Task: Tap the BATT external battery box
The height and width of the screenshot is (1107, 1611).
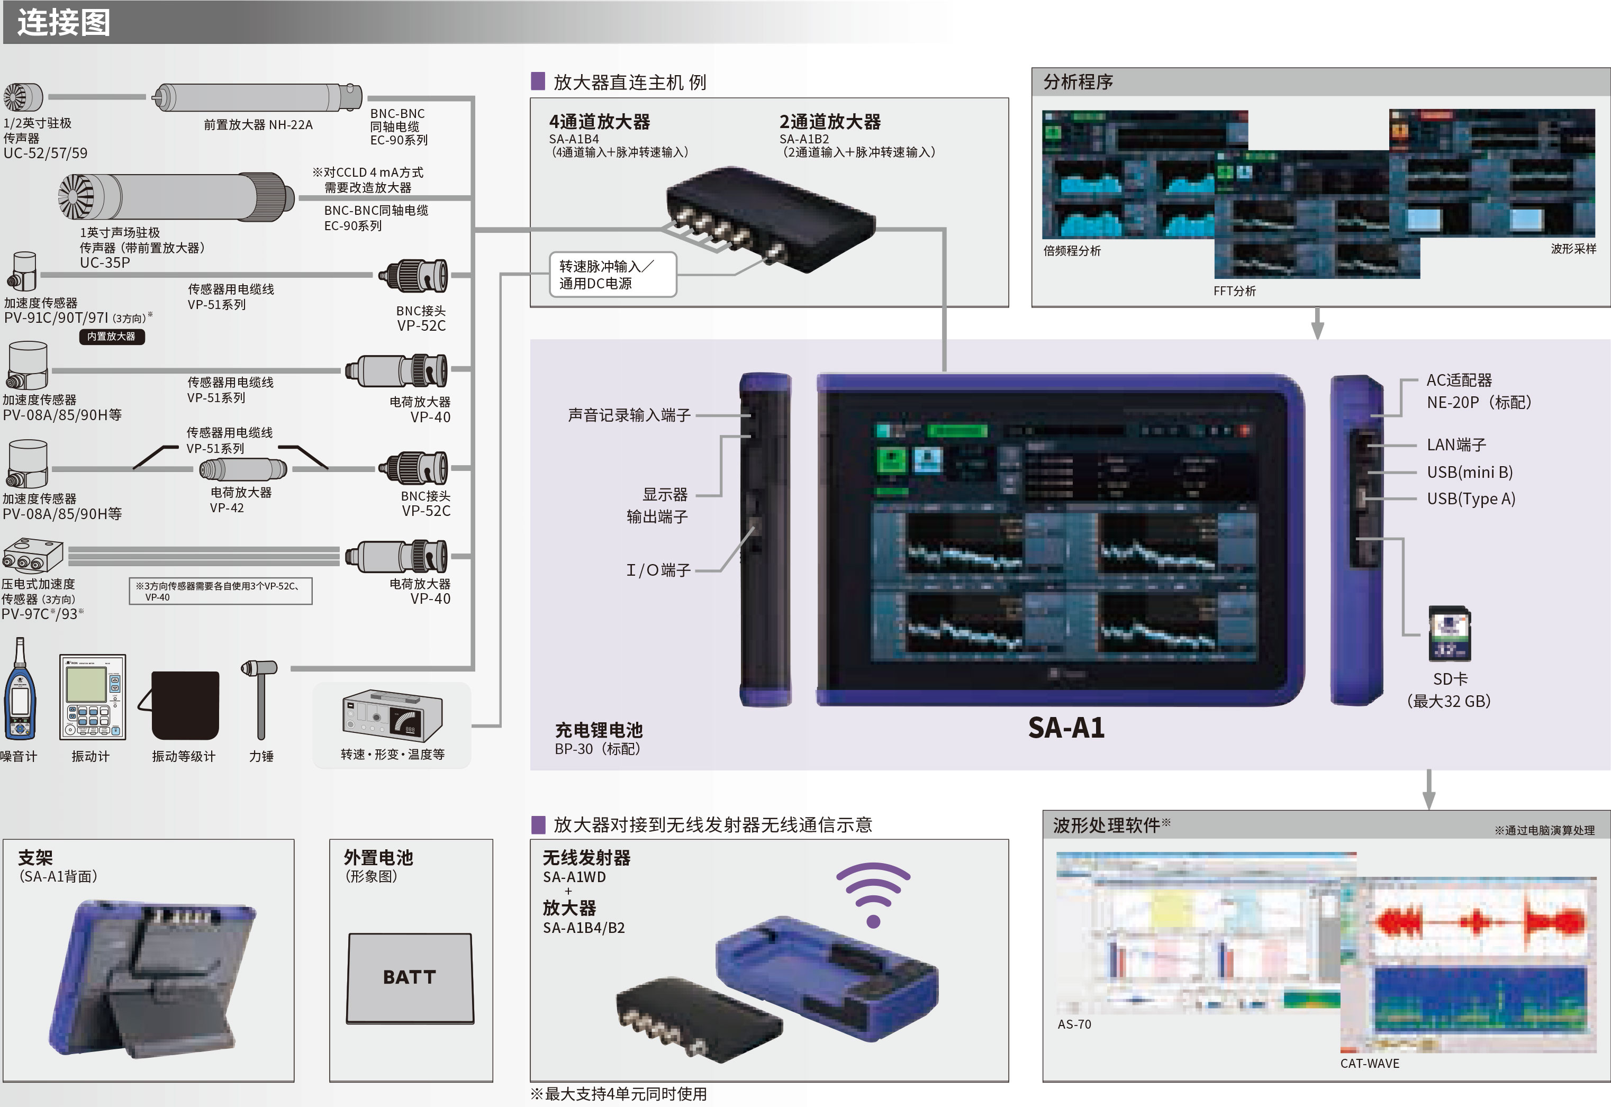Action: click(x=410, y=977)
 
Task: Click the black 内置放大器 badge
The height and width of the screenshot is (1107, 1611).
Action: click(x=111, y=337)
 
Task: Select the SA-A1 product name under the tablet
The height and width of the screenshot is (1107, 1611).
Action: click(x=1066, y=728)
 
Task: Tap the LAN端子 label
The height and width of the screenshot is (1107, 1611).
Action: click(x=1455, y=444)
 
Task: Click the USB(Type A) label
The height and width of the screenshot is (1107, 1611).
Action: click(x=1470, y=498)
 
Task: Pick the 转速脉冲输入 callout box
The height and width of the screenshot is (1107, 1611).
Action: click(x=612, y=275)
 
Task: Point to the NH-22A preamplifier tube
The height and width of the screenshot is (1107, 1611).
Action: click(x=257, y=98)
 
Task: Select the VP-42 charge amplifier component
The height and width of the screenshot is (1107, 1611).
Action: click(x=243, y=469)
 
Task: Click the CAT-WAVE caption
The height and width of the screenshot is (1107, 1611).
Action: click(x=1369, y=1063)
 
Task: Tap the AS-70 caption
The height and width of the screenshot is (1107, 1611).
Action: click(x=1073, y=1024)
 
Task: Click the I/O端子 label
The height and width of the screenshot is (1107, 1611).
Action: click(x=658, y=570)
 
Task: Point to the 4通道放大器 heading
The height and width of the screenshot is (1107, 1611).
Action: click(x=599, y=122)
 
